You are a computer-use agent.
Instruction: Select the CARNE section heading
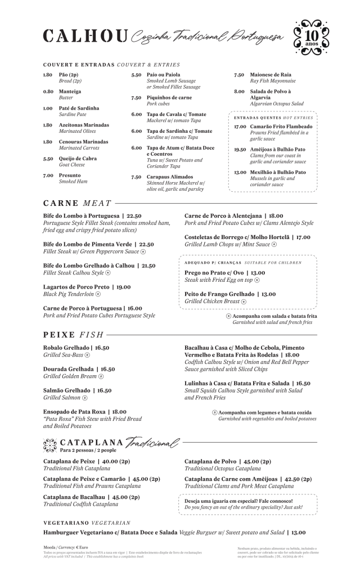tap(61, 203)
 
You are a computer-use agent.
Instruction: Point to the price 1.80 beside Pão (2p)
tap(48, 75)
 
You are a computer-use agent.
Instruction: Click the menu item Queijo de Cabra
tap(78, 159)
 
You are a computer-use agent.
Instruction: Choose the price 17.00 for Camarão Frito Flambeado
tap(240, 127)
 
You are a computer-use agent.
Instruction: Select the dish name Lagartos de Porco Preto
tap(76, 287)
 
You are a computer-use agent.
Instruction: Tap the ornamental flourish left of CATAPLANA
tap(50, 445)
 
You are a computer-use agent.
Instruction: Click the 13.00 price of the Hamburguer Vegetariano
tap(298, 532)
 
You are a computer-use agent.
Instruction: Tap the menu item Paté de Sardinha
tap(79, 108)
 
